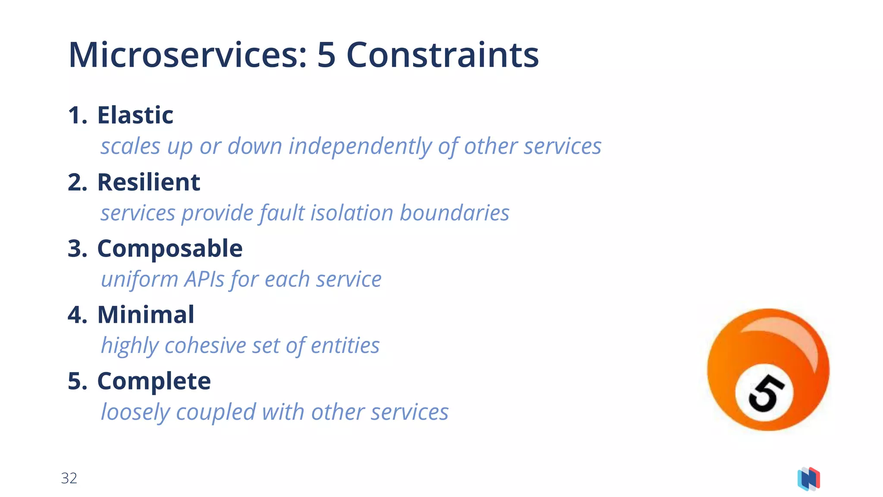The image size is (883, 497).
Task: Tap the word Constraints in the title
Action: (x=442, y=55)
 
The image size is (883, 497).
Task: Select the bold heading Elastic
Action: (x=135, y=115)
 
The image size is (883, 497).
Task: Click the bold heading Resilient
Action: (x=148, y=182)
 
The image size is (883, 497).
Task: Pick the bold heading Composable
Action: (x=169, y=248)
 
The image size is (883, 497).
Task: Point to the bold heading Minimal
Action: (x=145, y=315)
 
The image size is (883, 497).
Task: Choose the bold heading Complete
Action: (x=154, y=381)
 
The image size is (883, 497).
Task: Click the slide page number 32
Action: (x=69, y=478)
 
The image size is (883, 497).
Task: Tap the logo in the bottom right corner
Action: (x=809, y=479)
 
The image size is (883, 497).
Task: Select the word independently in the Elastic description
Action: (x=360, y=146)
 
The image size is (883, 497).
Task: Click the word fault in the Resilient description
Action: (x=282, y=213)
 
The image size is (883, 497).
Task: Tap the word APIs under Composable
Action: (x=204, y=279)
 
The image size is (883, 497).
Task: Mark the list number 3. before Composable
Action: (x=78, y=248)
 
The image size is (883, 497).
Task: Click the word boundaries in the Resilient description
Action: (x=454, y=213)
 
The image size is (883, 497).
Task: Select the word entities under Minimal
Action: (x=345, y=346)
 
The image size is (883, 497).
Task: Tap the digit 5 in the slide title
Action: (x=326, y=55)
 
